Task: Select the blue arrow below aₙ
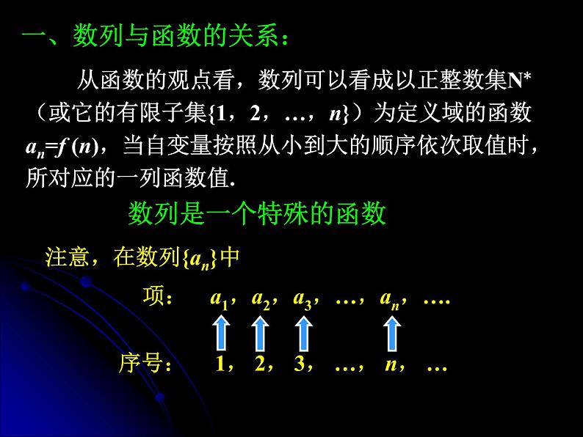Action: click(393, 331)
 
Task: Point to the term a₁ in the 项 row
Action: click(219, 299)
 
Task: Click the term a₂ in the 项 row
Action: click(260, 299)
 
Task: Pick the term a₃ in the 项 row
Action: click(302, 299)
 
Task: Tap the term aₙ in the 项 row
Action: click(388, 299)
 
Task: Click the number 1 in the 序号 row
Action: click(220, 364)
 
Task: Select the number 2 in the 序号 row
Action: click(259, 364)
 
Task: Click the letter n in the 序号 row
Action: click(391, 364)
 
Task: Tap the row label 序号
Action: click(143, 364)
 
